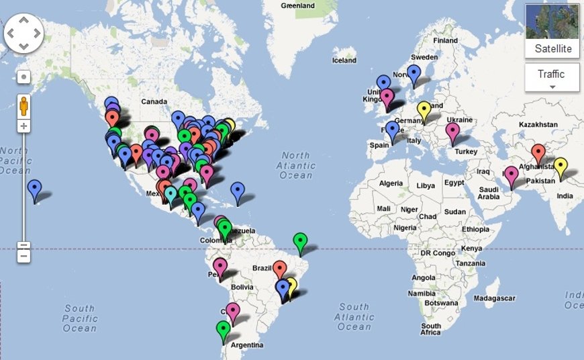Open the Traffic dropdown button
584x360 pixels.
552,77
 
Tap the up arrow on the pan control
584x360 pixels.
23,20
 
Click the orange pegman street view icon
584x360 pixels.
23,106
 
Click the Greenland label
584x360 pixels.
298,5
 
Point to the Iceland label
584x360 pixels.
344,60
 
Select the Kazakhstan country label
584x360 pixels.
538,124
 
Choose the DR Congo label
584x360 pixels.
434,253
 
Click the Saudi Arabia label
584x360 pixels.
489,193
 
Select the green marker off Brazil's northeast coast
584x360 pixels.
301,240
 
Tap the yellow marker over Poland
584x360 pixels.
424,109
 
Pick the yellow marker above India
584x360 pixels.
560,165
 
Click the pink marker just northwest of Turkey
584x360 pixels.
453,131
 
